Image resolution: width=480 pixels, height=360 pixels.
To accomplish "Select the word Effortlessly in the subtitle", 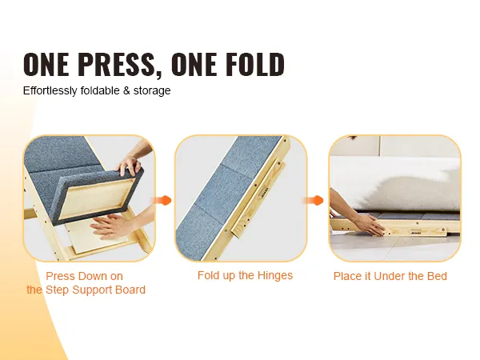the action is click(50, 90).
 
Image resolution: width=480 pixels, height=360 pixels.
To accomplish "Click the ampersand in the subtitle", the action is click(126, 90).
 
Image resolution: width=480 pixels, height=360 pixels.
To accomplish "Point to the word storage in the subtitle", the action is click(152, 91).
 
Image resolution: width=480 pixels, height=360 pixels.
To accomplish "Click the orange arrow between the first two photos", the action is click(162, 201).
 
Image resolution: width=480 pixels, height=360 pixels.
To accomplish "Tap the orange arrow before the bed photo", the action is click(313, 201).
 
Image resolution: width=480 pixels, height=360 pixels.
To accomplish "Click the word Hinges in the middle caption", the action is click(274, 275).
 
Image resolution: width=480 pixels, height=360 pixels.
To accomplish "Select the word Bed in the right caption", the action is click(437, 276).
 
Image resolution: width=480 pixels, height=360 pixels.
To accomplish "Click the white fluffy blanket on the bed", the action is click(398, 184).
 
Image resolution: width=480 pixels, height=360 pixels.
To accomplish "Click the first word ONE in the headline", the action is click(46, 64).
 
